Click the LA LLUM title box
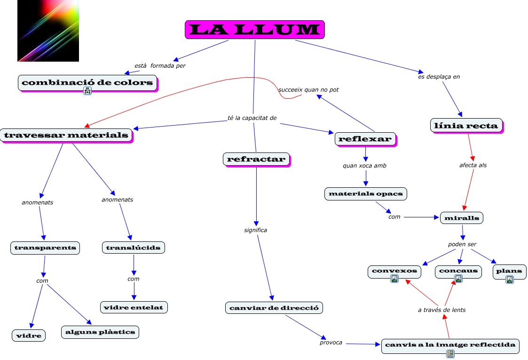pos(254,30)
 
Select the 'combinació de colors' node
pos(87,83)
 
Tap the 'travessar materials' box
pos(66,136)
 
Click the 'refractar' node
pos(256,159)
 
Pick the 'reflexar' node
pos(365,138)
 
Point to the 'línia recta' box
pos(466,125)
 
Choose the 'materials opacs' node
pos(365,193)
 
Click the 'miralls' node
pos(461,218)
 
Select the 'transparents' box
pos(45,248)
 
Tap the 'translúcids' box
pos(134,248)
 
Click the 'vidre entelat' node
pos(134,307)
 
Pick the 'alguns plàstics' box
pos(100,332)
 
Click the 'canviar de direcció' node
pos(274,308)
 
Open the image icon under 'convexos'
pos(394,279)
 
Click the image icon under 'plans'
pos(509,279)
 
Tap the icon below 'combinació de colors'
pos(87,91)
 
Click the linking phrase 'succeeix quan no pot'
pos(308,89)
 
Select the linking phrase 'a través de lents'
pos(441,310)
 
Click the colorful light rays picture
pos(48,31)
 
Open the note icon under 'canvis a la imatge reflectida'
pos(450,353)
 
